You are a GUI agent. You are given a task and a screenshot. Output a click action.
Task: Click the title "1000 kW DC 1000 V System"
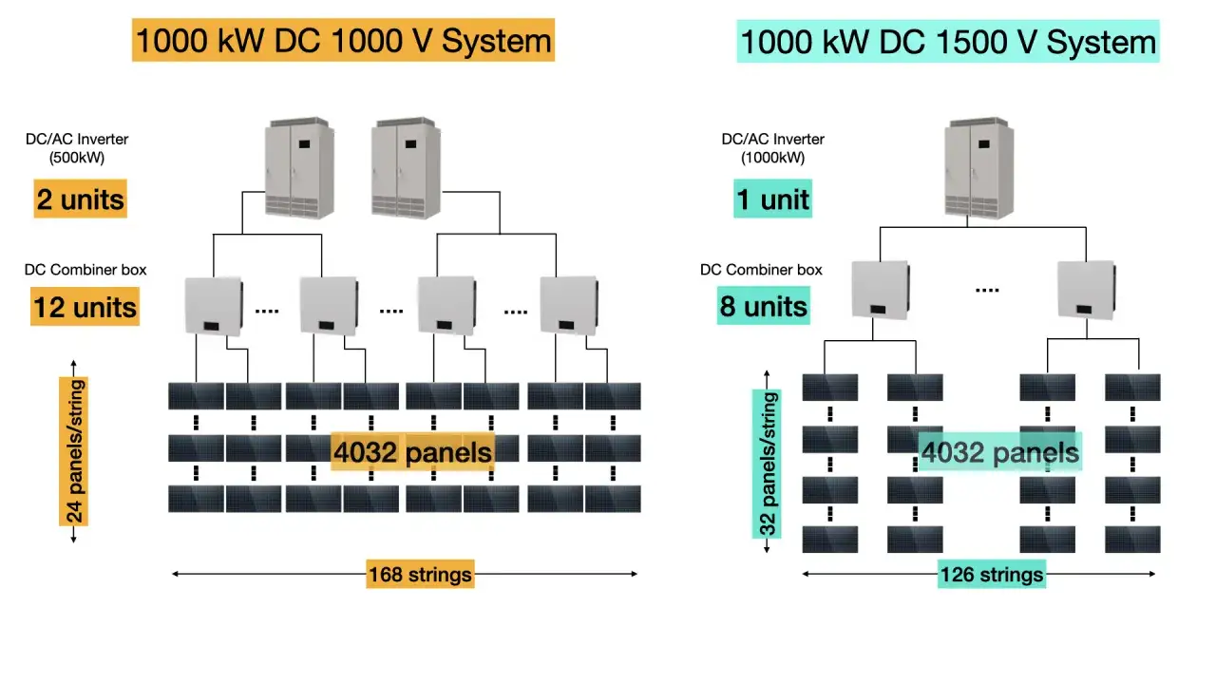click(343, 41)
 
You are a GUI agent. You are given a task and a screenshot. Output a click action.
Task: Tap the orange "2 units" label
click(80, 199)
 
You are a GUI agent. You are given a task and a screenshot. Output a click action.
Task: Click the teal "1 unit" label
click(772, 199)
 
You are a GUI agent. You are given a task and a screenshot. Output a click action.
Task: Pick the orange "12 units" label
click(85, 307)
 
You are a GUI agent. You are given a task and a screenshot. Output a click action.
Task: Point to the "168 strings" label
click(419, 574)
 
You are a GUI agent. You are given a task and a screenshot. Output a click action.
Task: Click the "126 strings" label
click(991, 574)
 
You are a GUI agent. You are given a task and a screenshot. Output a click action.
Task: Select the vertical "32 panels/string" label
click(769, 463)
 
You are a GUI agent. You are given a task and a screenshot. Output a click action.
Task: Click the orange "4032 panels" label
click(412, 452)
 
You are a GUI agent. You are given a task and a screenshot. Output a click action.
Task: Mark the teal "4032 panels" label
click(999, 452)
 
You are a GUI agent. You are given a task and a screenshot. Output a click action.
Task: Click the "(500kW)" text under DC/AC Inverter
click(77, 158)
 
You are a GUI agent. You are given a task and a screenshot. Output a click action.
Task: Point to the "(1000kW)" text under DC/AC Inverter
click(772, 158)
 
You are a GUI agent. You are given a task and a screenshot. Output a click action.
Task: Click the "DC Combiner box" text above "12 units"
click(85, 270)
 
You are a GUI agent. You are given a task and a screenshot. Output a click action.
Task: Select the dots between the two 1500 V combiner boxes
click(987, 290)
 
